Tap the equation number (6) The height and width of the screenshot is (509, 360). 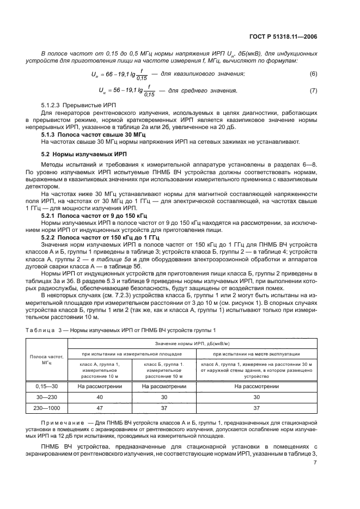(313, 73)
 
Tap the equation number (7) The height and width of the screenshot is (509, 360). (313, 90)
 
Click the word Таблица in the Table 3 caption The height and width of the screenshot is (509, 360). (41, 330)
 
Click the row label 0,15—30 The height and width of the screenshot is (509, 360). (46, 386)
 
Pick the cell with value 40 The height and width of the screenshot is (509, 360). (99, 396)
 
